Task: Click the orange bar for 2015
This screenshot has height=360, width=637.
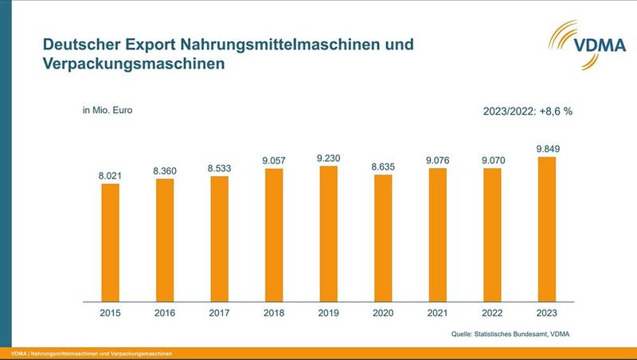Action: (x=110, y=243)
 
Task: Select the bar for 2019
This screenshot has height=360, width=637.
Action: (x=328, y=234)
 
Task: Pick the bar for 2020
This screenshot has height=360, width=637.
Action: (x=383, y=238)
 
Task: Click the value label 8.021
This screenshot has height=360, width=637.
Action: (x=110, y=174)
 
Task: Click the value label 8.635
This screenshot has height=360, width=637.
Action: (x=383, y=166)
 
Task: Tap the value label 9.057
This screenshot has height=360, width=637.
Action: (x=274, y=160)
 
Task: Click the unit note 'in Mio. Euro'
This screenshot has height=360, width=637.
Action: (x=107, y=110)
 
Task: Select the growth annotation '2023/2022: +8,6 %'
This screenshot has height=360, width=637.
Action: (x=528, y=112)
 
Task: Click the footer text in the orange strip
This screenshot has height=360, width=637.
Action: (x=92, y=353)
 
